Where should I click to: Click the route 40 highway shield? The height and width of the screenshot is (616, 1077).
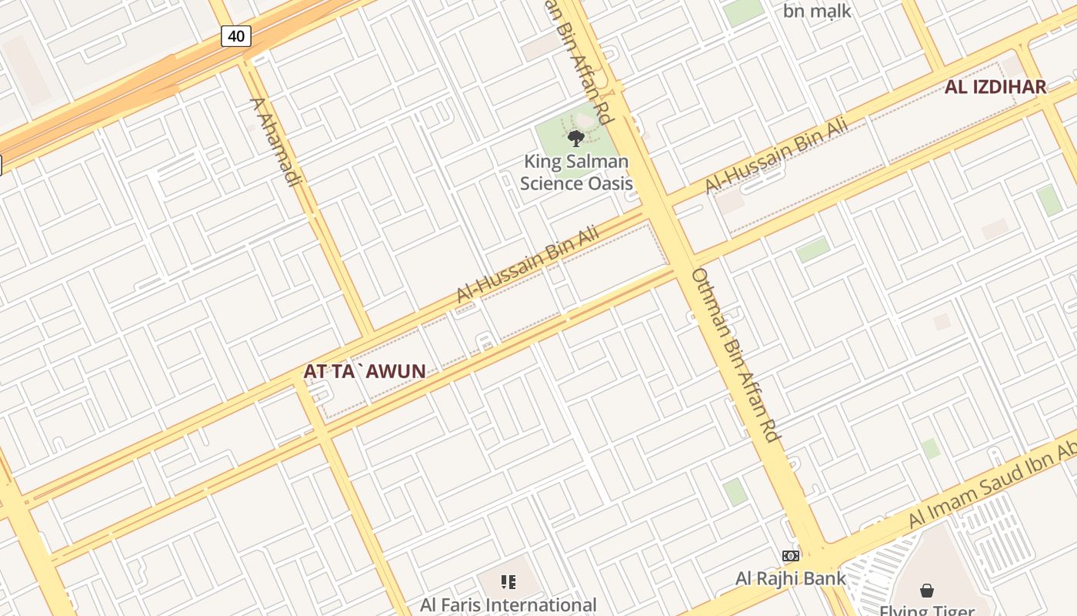(x=236, y=35)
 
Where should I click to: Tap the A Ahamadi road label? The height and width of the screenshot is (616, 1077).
(x=274, y=142)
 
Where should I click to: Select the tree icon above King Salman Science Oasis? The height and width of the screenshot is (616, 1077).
(x=575, y=139)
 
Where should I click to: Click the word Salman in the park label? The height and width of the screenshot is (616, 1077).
(x=599, y=162)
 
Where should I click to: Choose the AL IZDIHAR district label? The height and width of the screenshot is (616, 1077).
(x=995, y=87)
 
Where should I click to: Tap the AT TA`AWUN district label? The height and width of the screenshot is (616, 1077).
(x=364, y=372)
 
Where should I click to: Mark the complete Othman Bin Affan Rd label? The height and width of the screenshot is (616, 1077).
(x=736, y=354)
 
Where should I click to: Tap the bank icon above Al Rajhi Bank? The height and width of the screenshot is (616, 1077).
(x=790, y=556)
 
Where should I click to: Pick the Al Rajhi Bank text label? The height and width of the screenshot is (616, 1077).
(x=790, y=578)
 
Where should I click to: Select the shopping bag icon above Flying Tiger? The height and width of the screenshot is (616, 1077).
(x=927, y=591)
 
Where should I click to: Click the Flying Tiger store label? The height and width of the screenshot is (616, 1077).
(x=927, y=611)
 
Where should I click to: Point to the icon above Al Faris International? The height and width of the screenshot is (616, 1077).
(x=508, y=582)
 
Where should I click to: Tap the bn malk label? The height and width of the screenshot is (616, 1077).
(x=817, y=11)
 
